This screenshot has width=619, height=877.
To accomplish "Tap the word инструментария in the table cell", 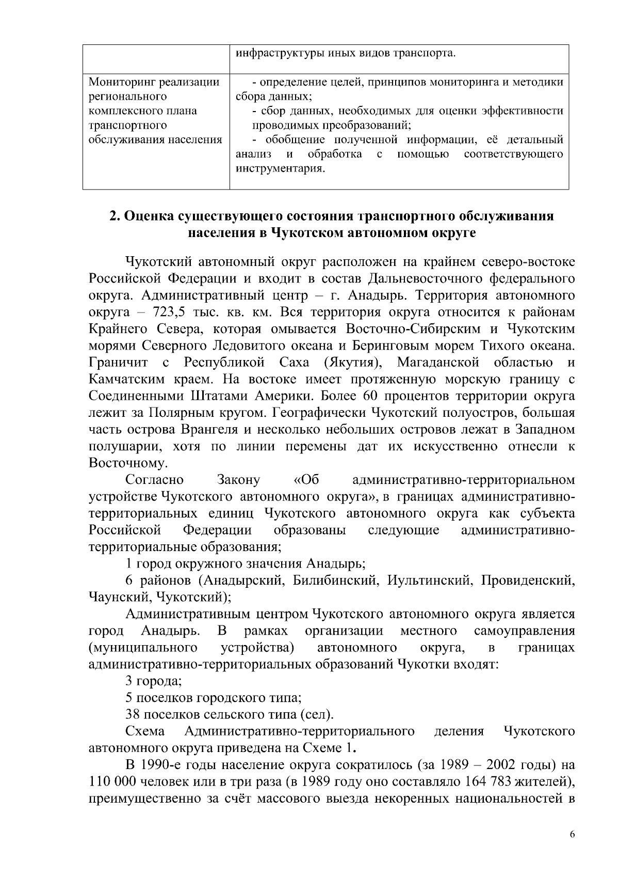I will point(280,169).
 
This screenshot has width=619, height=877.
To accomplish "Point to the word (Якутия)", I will point(352,363).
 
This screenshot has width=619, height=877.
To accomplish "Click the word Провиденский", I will point(528,581).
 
